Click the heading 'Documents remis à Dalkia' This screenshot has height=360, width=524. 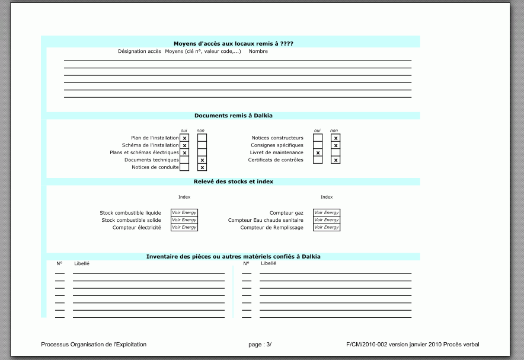[234, 116]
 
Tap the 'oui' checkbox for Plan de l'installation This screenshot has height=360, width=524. [184, 138]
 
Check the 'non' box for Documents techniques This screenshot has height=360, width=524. [202, 160]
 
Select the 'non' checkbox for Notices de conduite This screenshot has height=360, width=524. [202, 167]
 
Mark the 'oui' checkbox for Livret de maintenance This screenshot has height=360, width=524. [318, 153]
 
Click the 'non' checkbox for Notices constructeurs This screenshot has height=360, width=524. [336, 138]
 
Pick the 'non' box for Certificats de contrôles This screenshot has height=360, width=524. [336, 160]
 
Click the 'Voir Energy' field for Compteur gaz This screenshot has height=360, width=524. [327, 212]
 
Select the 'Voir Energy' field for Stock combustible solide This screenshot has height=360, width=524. [184, 220]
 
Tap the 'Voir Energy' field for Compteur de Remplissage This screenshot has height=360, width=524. [327, 227]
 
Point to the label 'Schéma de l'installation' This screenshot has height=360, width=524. [150, 145]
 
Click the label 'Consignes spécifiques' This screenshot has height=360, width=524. [277, 145]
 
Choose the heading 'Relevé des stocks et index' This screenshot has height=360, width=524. [234, 181]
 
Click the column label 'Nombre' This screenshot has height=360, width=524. [258, 52]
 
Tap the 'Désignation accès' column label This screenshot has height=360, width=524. [139, 52]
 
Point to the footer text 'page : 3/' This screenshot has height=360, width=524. [260, 345]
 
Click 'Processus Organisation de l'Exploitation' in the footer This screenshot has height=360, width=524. [94, 345]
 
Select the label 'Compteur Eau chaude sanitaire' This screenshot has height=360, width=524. [266, 220]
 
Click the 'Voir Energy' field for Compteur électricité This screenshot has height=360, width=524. [184, 227]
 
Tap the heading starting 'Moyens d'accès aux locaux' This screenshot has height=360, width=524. [234, 43]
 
